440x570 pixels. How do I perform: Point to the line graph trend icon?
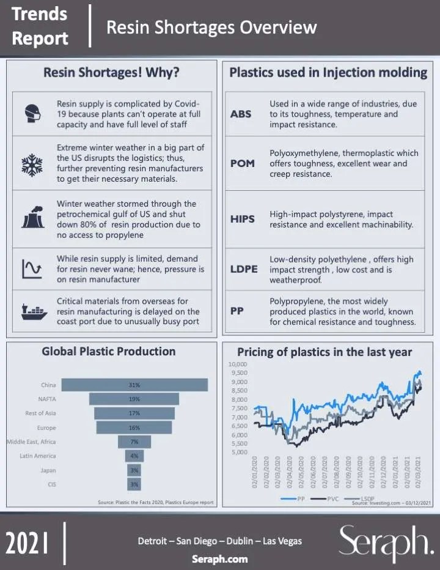click(31, 268)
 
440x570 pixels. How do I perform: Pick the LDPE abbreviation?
click(244, 269)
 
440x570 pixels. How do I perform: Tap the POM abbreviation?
click(242, 163)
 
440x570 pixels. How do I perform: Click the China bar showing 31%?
click(134, 385)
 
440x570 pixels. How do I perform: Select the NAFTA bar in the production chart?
click(134, 399)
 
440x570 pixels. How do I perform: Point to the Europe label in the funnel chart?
click(46, 427)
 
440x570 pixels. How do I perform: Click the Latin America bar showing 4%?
click(134, 456)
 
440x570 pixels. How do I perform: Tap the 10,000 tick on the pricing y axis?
click(238, 364)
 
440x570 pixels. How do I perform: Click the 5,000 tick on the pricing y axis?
click(238, 453)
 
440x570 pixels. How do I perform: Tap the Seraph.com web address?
click(219, 558)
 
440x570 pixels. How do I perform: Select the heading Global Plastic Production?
click(109, 352)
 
